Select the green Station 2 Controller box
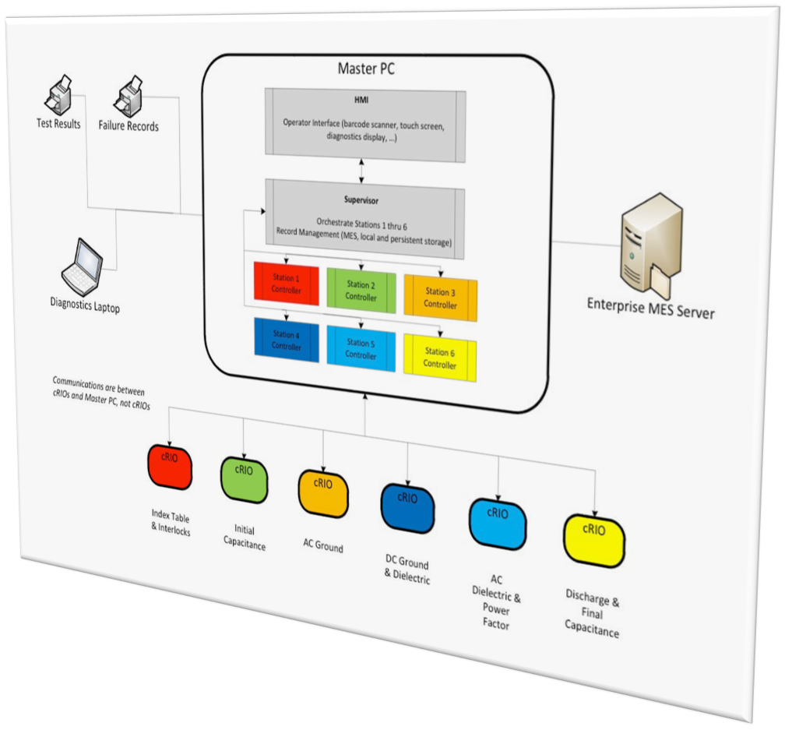coord(361,291)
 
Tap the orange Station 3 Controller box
coord(440,298)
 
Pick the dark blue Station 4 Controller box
coord(286,340)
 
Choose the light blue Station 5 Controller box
coord(361,348)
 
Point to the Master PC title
coord(365,69)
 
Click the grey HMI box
coord(364,125)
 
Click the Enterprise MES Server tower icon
coord(649,242)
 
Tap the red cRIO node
coord(170,466)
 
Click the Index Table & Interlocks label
coord(171,524)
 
